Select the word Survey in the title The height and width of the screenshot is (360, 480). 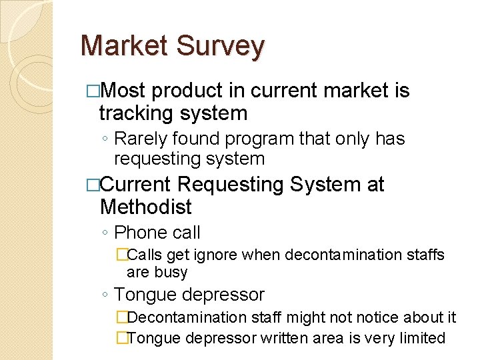221,47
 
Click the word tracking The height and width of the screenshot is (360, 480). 135,113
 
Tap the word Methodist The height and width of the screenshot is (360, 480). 145,207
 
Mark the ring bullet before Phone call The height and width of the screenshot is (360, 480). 106,233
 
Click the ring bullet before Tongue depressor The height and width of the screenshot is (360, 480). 106,295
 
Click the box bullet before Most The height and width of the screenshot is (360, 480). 93,91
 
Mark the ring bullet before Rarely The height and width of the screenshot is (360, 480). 106,139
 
